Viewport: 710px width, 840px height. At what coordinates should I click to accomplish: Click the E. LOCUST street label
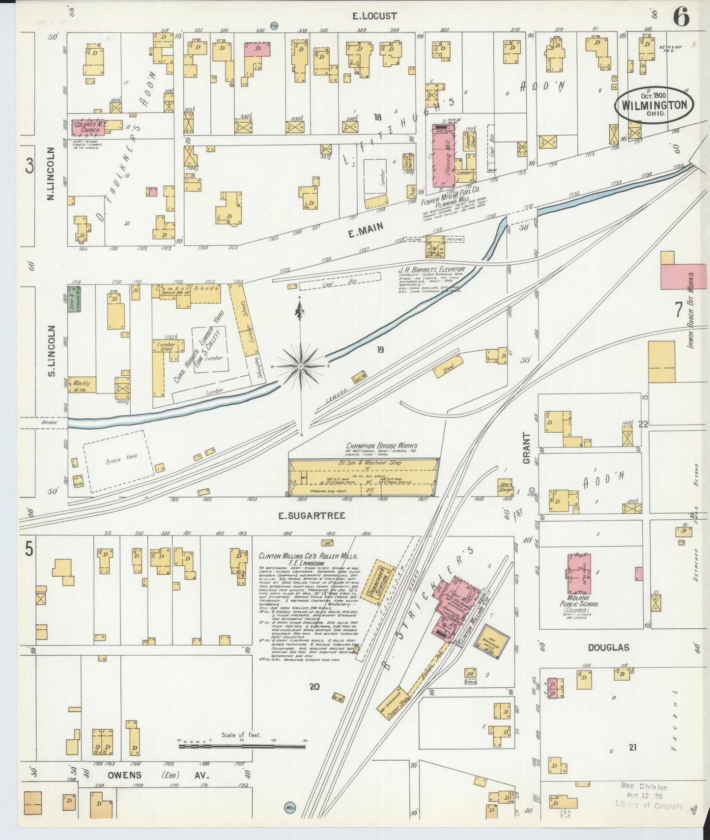374,16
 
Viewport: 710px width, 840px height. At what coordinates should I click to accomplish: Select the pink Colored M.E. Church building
87,127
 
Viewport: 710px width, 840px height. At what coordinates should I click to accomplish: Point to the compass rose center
300,366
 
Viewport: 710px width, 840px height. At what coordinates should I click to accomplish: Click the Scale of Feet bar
241,747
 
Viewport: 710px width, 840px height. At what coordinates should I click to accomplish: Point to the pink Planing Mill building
443,156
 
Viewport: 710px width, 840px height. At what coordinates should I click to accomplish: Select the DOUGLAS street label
609,648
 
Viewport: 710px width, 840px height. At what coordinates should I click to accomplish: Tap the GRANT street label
527,448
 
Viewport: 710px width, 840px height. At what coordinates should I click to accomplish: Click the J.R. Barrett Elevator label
431,270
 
